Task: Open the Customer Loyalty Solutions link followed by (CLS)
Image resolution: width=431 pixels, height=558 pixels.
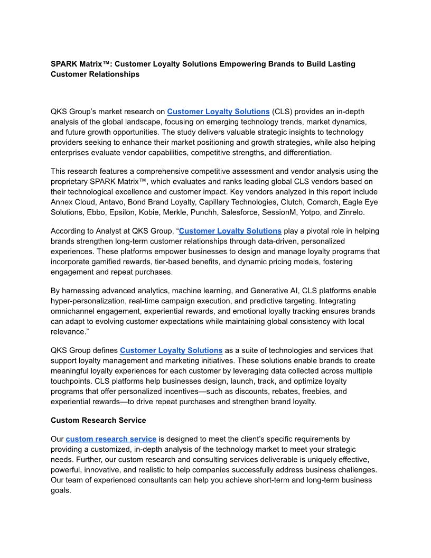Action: coord(218,111)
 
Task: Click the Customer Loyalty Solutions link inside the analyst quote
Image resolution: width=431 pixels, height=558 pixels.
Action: coord(230,231)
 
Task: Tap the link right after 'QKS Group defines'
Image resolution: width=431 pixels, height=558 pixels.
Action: coord(171,350)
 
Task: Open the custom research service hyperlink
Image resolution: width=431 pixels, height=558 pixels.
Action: coord(111,439)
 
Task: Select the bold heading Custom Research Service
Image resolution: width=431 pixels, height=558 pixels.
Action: coord(98,421)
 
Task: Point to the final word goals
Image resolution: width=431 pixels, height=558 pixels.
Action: coord(61,490)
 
